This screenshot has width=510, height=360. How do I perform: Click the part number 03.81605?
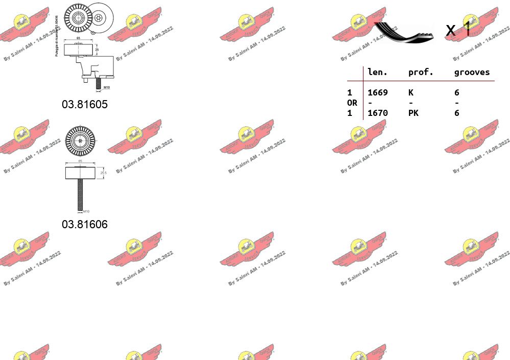tap(85, 105)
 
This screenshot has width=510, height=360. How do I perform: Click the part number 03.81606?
tap(85, 224)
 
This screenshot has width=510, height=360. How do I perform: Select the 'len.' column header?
tap(377, 73)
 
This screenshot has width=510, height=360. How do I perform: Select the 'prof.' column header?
tap(421, 73)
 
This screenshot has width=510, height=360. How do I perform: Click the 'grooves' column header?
tap(472, 73)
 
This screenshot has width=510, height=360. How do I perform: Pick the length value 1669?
tap(377, 92)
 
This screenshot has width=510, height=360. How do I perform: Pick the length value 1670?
tap(377, 113)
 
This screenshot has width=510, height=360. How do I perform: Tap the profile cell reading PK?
tap(413, 113)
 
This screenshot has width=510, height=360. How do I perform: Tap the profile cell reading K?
tap(411, 92)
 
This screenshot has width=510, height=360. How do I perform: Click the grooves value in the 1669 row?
tap(457, 92)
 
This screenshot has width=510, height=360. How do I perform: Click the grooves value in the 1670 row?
tap(457, 113)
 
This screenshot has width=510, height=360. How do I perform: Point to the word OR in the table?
tap(352, 103)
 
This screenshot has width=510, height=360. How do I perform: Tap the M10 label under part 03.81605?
tap(100, 88)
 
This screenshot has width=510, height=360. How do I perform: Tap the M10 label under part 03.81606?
tap(86, 211)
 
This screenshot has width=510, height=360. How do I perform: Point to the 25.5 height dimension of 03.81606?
tap(104, 173)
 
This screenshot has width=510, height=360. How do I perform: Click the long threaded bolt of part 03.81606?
tap(80, 194)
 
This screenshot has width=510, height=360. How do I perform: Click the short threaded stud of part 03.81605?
tap(99, 82)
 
